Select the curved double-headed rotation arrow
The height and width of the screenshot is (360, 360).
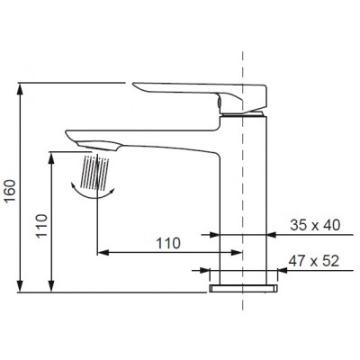(x=94, y=188)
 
